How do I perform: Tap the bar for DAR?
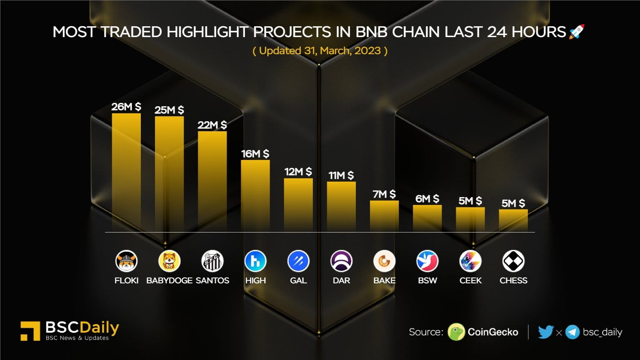coord(341,206)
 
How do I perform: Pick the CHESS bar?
coord(513,220)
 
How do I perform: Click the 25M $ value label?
coord(169,110)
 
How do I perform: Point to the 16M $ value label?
coord(255,154)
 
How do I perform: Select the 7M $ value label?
coord(384,194)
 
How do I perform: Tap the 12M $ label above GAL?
coord(298,172)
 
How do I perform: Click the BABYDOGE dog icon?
coord(169,261)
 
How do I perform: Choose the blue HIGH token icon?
coord(255,261)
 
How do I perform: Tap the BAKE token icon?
coord(384,261)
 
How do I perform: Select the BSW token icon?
coord(427,261)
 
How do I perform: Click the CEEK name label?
coord(470,280)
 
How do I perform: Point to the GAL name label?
coord(298,280)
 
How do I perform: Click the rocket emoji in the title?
coord(577,32)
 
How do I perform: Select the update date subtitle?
coord(320,51)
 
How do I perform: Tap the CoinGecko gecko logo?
coord(456,332)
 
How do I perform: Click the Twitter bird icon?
coord(545,332)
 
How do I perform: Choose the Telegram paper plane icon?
coord(572,332)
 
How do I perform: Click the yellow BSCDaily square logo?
coord(30,331)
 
